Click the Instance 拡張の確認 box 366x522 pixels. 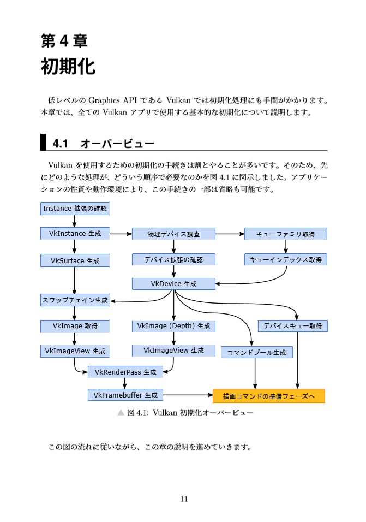(x=75, y=208)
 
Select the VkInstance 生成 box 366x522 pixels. (x=75, y=233)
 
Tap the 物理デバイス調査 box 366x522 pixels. (x=173, y=234)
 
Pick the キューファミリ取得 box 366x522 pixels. (x=285, y=234)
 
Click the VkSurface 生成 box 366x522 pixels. (x=75, y=260)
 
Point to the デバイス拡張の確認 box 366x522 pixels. (x=173, y=260)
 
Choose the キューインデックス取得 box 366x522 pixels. (x=285, y=260)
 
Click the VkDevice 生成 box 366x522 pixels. (x=173, y=284)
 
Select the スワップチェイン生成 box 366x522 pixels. (x=75, y=300)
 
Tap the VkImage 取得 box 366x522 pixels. (x=75, y=326)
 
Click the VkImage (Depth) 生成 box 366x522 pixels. (x=173, y=326)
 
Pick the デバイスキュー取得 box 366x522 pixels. (x=292, y=326)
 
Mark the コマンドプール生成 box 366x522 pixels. (x=256, y=352)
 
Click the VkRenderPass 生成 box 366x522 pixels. (x=125, y=372)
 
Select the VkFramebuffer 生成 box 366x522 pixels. (x=125, y=395)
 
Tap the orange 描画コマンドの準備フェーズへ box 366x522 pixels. (x=269, y=396)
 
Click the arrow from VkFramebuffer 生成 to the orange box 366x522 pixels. (x=188, y=394)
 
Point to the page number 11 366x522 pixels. (x=183, y=499)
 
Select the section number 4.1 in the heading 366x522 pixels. (x=59, y=144)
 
